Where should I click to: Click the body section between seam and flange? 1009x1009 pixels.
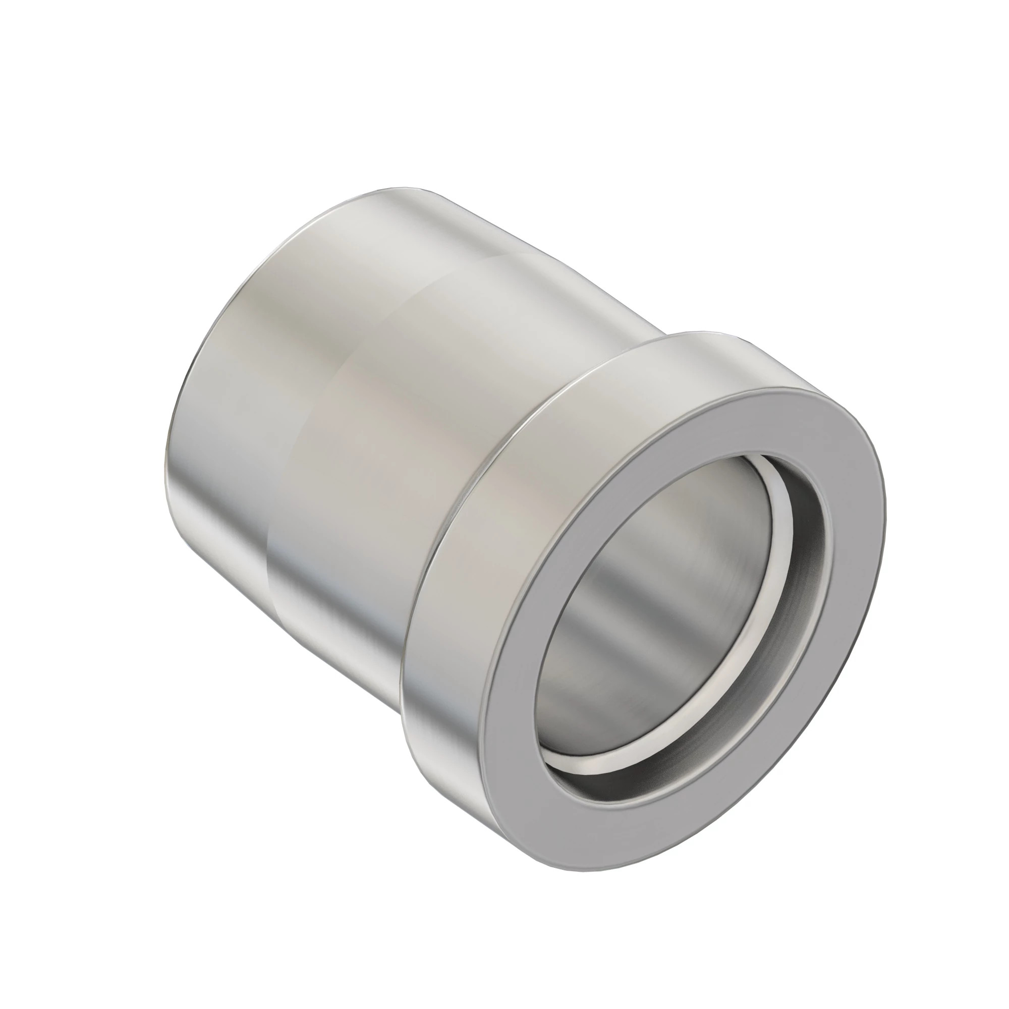point(418,470)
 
